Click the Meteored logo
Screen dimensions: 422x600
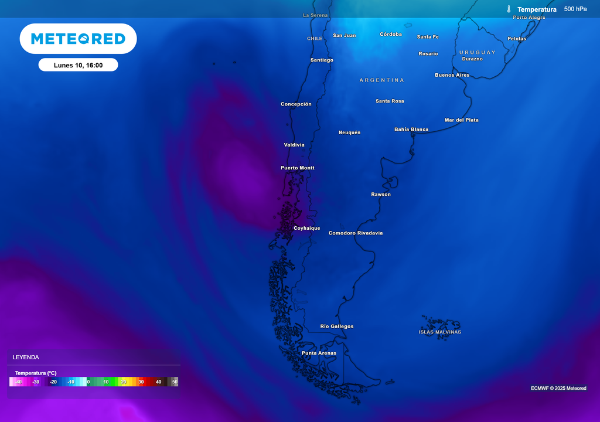tap(78, 39)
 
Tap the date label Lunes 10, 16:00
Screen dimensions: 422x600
tap(78, 65)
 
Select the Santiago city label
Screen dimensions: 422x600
tap(322, 60)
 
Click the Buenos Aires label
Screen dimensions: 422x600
tap(452, 75)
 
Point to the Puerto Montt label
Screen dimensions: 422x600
tap(298, 168)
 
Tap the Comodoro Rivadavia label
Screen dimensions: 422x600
tap(355, 233)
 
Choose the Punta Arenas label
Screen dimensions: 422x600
tap(319, 353)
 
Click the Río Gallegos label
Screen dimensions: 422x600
tap(337, 326)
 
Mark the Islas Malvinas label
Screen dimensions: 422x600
tap(439, 332)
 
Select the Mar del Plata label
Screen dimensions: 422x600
tap(461, 120)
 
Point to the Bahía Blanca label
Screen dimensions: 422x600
tap(411, 130)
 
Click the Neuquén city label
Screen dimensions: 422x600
tap(349, 132)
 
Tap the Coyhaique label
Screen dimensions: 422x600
tap(307, 228)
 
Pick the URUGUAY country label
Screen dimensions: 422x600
tap(477, 53)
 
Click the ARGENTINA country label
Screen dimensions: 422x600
tap(381, 80)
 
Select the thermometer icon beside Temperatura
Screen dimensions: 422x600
tap(509, 9)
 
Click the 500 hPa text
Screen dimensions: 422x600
tap(575, 9)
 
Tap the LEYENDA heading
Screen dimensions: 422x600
tap(26, 357)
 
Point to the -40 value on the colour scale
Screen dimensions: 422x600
tap(19, 382)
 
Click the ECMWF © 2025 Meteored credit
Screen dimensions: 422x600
tap(558, 388)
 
